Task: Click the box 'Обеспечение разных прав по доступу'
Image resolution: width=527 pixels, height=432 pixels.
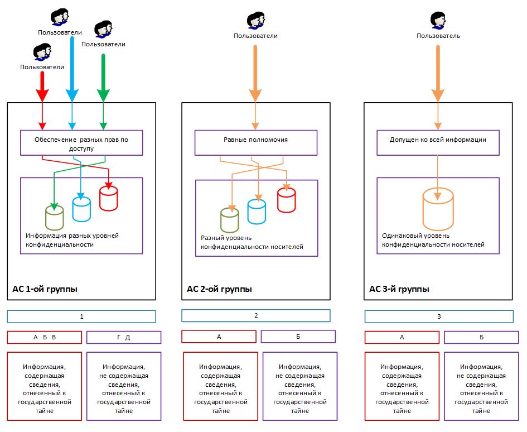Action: [x=81, y=143]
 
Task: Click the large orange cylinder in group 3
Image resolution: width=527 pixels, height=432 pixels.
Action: [x=438, y=209]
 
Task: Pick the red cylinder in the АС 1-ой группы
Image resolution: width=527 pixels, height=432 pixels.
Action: [x=109, y=198]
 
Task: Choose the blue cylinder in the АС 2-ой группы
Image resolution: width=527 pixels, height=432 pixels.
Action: [x=257, y=212]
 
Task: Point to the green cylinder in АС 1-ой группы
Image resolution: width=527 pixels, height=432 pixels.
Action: [x=54, y=217]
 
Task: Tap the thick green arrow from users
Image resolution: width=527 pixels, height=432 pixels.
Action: [x=103, y=78]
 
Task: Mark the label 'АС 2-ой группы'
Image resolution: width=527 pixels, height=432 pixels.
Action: [x=219, y=289]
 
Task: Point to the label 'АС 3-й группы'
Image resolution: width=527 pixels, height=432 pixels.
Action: [x=399, y=289]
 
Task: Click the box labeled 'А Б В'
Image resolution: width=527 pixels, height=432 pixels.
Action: [x=45, y=337]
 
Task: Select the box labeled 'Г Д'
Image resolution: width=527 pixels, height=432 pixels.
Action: [x=124, y=337]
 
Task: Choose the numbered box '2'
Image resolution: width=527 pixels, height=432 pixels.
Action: [x=256, y=315]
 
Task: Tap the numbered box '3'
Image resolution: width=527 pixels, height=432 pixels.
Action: [x=438, y=316]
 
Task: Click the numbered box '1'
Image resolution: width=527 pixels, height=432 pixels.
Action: [x=81, y=316]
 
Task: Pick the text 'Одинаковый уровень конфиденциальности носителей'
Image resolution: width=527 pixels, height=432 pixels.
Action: [x=433, y=240]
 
